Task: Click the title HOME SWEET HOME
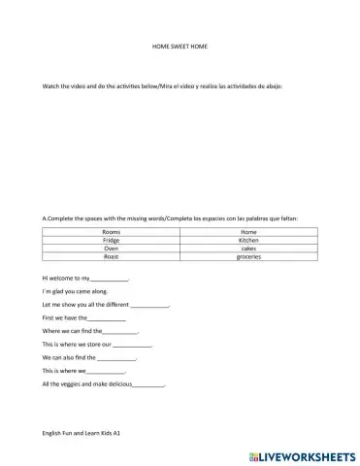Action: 180,46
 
